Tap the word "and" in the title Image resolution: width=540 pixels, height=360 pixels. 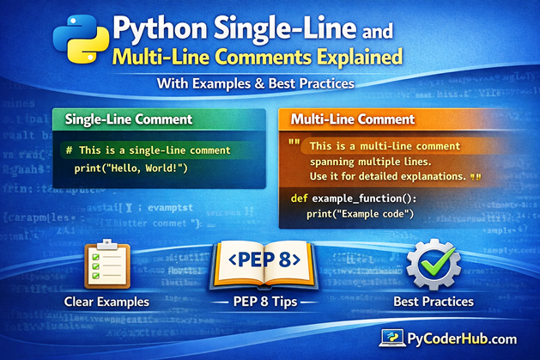point(374,34)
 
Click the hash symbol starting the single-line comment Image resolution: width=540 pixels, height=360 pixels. point(69,149)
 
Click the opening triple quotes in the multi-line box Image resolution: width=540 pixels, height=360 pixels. point(294,143)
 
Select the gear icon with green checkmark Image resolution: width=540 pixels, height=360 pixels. point(434,266)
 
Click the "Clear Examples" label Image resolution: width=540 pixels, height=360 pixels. point(108,302)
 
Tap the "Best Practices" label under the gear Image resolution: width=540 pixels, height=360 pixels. point(433,302)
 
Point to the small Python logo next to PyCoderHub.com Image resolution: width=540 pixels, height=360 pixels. point(396,339)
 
